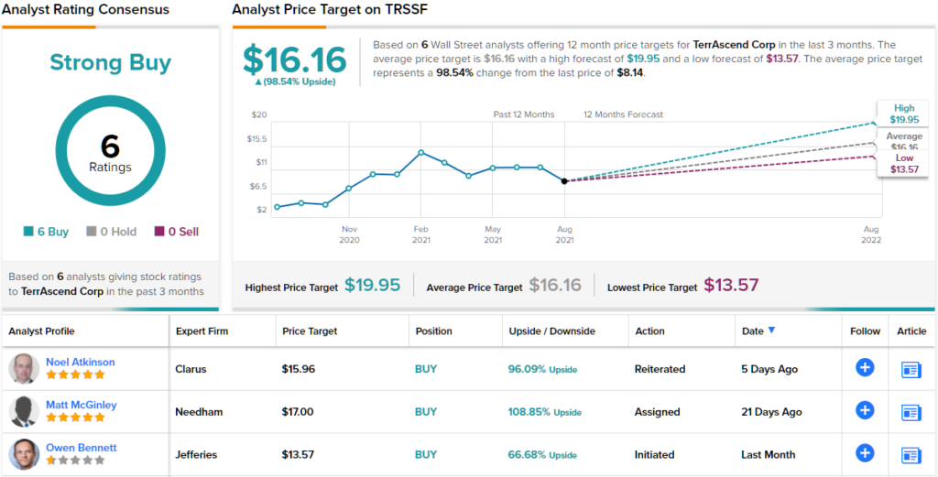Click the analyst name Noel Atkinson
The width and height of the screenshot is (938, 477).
pos(81,362)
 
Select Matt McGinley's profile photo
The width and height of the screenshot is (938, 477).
pos(24,411)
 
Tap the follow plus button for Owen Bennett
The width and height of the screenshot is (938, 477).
pos(864,453)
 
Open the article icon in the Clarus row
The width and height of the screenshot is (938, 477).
pos(911,369)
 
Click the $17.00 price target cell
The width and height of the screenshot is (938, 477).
pos(298,412)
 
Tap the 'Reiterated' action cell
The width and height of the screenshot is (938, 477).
pos(660,369)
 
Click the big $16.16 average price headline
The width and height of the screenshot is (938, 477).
pos(295,60)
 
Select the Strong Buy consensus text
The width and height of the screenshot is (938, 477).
pos(110,62)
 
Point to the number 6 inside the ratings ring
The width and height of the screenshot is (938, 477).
pos(110,146)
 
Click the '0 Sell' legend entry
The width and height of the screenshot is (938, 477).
pos(177,232)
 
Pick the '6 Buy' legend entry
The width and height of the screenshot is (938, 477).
pos(46,232)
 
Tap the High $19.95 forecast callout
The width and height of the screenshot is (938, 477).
pos(903,114)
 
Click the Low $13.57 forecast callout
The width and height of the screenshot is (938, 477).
pos(903,164)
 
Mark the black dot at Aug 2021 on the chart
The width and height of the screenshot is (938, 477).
pos(564,181)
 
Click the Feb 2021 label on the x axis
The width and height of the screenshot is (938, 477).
pos(420,234)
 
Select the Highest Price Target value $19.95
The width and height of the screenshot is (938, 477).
pos(373,286)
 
